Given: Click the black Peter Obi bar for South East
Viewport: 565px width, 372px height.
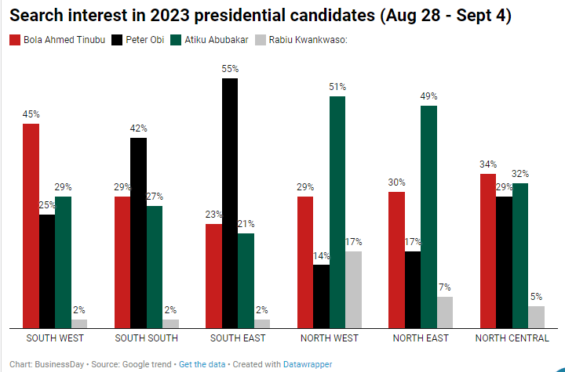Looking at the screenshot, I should pos(229,203).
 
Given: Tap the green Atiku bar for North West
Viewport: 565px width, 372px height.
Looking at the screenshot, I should pos(337,212).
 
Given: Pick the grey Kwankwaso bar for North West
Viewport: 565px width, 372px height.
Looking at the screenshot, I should pos(353,289).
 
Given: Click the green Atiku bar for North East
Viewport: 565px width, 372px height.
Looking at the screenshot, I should pos(428,217).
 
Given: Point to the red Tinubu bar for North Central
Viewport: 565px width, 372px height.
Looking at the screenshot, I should pos(488,251).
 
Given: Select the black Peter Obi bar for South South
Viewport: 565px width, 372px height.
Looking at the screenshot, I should pos(138,233).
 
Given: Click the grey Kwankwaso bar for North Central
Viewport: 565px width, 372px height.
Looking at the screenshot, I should pos(536,316).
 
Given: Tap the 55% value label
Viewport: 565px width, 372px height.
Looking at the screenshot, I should pos(230,69).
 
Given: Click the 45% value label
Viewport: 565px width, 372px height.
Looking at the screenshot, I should pos(31,114).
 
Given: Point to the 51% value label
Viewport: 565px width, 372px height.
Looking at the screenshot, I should pos(337,87).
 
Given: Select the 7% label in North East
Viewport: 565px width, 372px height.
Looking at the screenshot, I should pos(445,287).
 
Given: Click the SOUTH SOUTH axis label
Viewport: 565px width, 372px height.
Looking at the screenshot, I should pos(147,338).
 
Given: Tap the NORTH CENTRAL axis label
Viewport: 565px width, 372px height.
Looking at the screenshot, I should pos(512,338).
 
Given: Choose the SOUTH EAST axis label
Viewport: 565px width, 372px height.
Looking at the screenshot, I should pos(238,338).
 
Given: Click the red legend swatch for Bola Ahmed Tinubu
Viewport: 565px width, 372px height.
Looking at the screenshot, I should pos(14,39).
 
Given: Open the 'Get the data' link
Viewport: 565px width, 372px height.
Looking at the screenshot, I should pos(202,364).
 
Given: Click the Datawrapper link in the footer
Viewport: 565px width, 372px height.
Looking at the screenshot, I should pos(307,364).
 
